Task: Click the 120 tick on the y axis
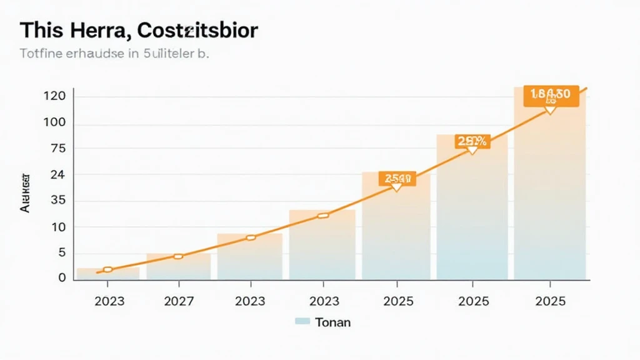click(x=54, y=97)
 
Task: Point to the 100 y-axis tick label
click(x=54, y=122)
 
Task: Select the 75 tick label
click(x=58, y=149)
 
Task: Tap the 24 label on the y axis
click(x=58, y=175)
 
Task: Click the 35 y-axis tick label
click(x=58, y=201)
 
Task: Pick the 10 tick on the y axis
click(x=58, y=227)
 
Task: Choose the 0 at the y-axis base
click(x=62, y=277)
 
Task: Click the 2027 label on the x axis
click(x=179, y=301)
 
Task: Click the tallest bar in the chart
click(x=550, y=187)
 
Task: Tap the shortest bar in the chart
click(x=107, y=273)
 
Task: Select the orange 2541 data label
click(x=396, y=179)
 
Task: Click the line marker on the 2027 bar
click(x=178, y=256)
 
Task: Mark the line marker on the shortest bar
click(x=107, y=269)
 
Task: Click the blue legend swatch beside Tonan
click(x=302, y=322)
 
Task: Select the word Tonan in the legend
click(x=333, y=322)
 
